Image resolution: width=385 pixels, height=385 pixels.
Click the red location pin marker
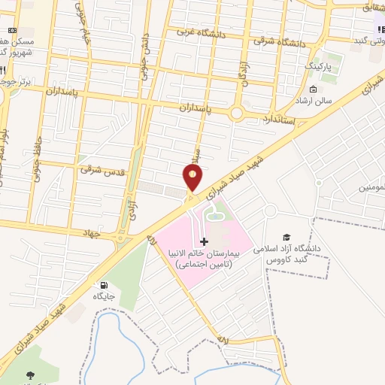coord(192,177)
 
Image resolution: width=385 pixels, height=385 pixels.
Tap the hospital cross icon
coord(204,241)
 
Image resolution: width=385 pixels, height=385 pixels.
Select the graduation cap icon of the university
coord(286,236)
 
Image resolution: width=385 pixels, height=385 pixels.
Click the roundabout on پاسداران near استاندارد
coord(238,114)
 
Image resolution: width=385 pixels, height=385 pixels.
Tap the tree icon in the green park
coord(31,374)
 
